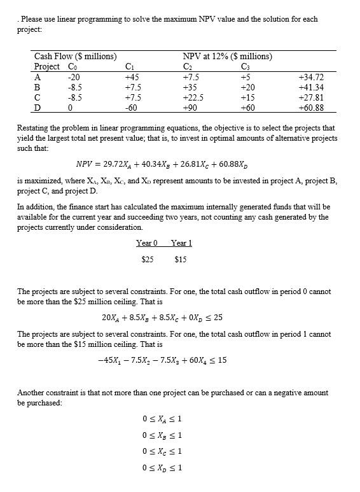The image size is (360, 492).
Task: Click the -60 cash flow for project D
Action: click(132, 108)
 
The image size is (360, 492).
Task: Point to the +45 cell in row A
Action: click(132, 77)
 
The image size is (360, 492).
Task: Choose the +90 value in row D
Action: click(190, 108)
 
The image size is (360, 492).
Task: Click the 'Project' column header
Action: click(46, 67)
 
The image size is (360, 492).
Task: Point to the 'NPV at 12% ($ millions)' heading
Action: click(227, 57)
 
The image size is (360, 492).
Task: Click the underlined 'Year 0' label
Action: click(147, 242)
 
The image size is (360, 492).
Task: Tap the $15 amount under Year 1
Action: click(181, 259)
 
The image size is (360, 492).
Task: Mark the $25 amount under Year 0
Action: click(147, 259)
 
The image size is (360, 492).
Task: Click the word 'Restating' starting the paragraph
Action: click(34, 128)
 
